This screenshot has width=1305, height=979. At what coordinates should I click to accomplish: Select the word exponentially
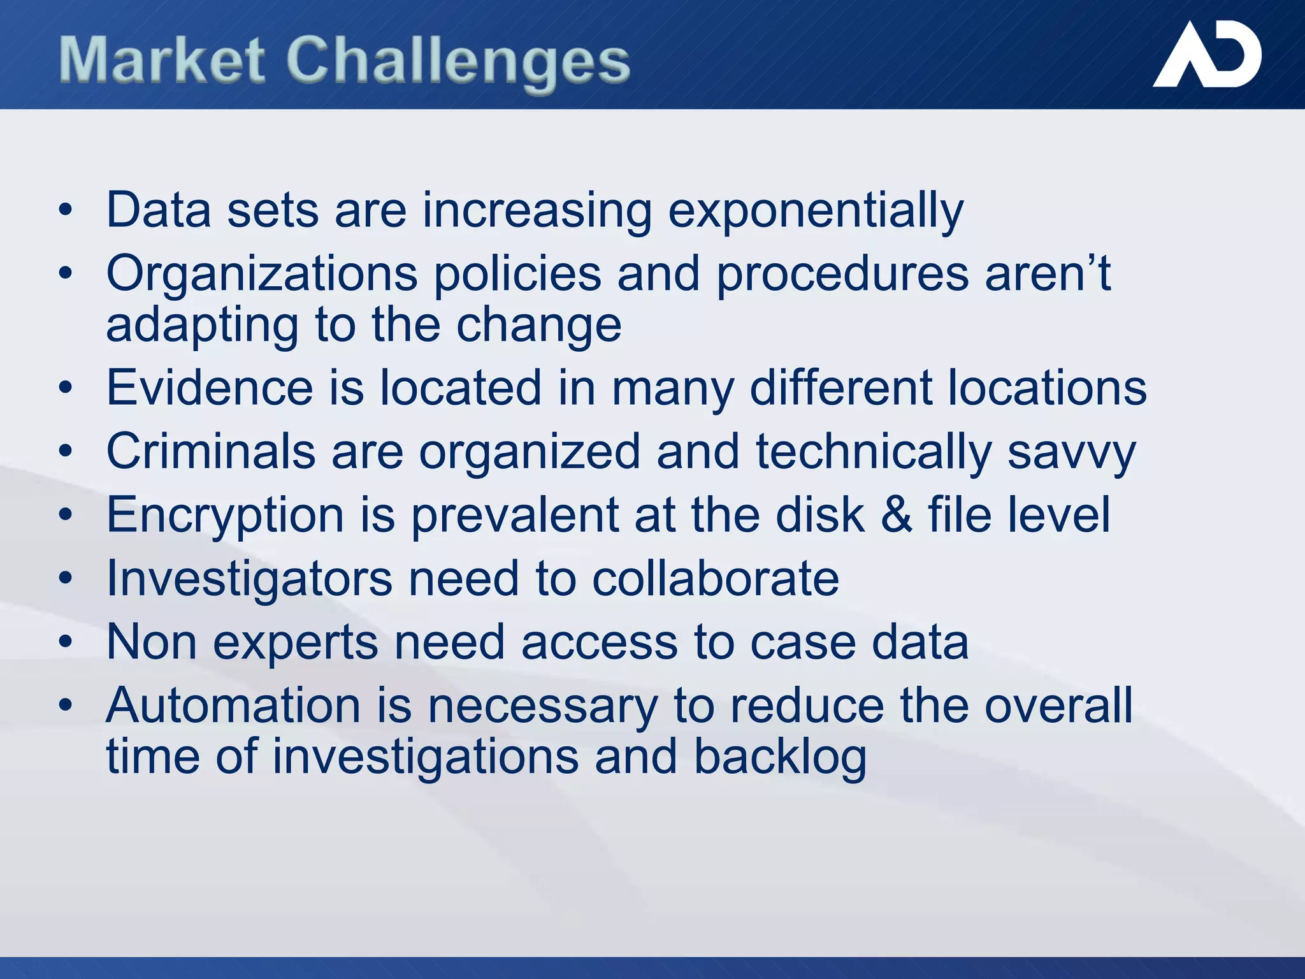click(x=815, y=211)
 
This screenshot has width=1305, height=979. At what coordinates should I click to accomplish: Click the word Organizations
click(x=261, y=275)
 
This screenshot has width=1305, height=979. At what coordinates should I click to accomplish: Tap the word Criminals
click(x=210, y=451)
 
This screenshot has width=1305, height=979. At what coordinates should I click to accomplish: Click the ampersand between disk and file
click(x=896, y=515)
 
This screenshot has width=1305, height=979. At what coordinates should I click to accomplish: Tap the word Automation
click(x=233, y=706)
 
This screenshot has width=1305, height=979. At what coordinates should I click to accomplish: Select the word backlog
click(x=780, y=758)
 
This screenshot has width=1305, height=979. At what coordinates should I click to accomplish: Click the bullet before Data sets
click(x=66, y=210)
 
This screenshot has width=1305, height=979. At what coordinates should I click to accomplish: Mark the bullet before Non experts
click(x=66, y=642)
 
